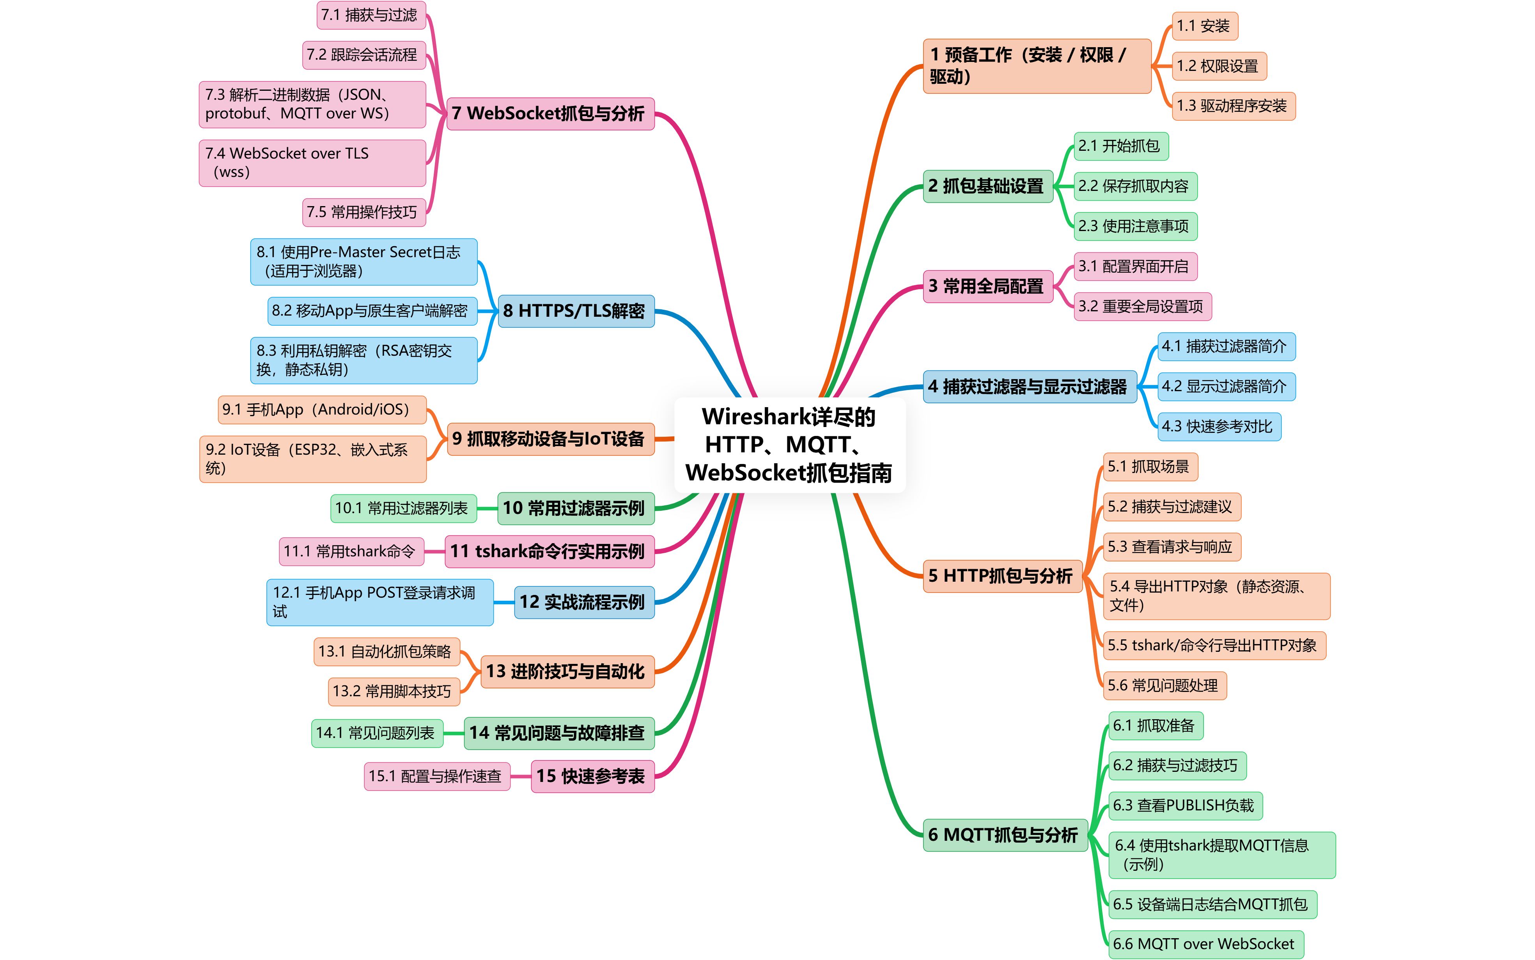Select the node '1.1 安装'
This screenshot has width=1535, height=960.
point(1204,26)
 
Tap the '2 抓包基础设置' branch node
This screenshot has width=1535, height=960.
point(987,186)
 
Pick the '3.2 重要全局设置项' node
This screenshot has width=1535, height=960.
point(1142,307)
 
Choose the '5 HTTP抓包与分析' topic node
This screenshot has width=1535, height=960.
point(1001,576)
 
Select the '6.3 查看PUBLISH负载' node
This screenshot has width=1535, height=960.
point(1184,806)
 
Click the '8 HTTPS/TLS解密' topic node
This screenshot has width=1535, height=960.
point(575,311)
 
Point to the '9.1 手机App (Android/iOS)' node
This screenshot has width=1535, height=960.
point(321,409)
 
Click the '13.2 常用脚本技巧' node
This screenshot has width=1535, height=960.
point(393,692)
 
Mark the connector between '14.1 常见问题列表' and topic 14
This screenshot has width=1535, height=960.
point(453,733)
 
